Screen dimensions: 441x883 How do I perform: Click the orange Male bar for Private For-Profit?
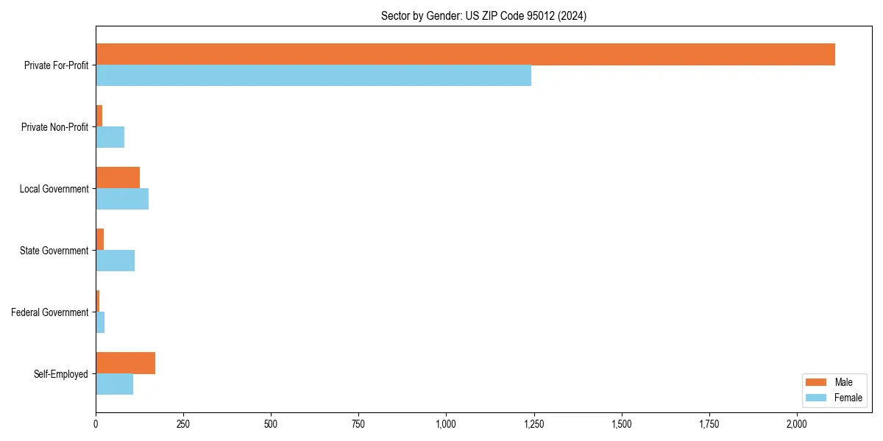465,54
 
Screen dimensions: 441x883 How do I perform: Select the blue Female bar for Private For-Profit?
313,76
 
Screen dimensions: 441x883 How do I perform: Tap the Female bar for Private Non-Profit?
110,137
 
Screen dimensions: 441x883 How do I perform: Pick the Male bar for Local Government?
118,178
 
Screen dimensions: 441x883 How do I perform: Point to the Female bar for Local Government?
122,199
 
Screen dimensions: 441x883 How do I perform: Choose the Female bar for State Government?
115,261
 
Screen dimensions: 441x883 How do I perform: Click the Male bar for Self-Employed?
125,363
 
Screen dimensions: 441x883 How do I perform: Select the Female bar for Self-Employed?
114,384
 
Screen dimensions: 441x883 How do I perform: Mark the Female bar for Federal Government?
100,323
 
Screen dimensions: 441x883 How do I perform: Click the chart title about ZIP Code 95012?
483,15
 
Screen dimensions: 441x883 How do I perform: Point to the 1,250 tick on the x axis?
534,424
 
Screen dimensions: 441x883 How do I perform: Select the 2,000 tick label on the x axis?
797,424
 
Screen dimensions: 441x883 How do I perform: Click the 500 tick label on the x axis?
271,424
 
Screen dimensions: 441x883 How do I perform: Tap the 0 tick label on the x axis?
96,424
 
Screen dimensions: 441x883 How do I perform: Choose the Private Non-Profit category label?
54,127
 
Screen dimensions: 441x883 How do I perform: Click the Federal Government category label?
50,312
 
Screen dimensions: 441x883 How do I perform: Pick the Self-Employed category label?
61,374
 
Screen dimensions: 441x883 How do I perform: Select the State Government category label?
54,251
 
